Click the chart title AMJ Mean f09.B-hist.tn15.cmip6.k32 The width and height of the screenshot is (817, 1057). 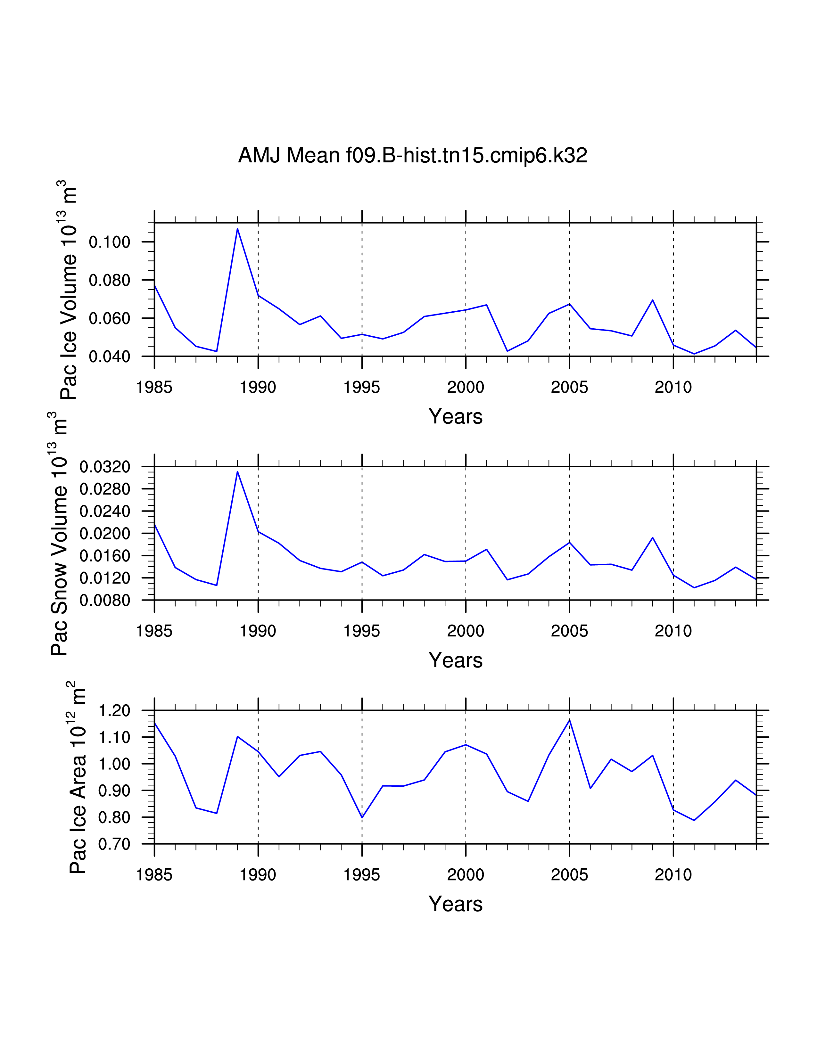(x=412, y=155)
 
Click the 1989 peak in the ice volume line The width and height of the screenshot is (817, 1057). (x=237, y=228)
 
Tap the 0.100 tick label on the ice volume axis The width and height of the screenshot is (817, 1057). (x=110, y=242)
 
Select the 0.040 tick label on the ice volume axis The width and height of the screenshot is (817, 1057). (x=110, y=357)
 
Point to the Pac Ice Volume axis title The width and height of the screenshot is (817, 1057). (x=69, y=291)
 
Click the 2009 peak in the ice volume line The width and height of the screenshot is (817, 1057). (x=652, y=300)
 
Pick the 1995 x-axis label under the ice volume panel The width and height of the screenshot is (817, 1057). (x=361, y=387)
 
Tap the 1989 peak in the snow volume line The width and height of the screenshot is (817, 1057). (x=237, y=471)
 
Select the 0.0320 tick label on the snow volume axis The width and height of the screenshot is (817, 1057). (x=105, y=467)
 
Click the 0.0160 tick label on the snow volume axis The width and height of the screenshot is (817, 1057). (x=105, y=556)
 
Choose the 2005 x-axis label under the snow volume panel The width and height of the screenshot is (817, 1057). (x=569, y=631)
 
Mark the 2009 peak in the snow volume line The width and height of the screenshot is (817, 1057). (x=652, y=538)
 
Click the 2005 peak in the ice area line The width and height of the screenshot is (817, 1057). (x=570, y=720)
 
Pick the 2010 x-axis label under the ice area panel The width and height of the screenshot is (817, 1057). (x=673, y=875)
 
